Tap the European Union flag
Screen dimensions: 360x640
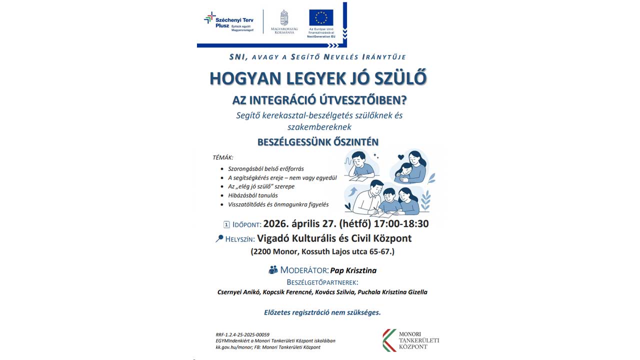tap(321, 18)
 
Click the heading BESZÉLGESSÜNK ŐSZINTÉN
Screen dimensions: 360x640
tap(318, 142)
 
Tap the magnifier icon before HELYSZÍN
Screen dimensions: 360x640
tap(219, 238)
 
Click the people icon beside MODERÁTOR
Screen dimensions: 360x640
tap(273, 270)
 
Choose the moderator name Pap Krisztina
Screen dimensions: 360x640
tap(353, 270)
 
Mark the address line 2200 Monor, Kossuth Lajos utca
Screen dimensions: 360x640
tap(322, 252)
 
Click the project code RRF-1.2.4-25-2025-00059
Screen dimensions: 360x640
tap(242, 334)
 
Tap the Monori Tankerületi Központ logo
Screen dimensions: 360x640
tap(411, 340)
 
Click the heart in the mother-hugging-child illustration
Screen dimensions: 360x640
tap(400, 157)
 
